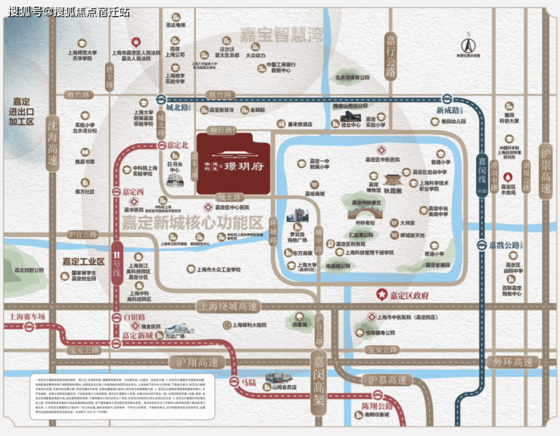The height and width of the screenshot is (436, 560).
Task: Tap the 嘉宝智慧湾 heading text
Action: pyautogui.click(x=282, y=34)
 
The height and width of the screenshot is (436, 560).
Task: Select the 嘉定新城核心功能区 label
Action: pyautogui.click(x=191, y=223)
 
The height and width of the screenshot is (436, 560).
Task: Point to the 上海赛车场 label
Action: pyautogui.click(x=24, y=316)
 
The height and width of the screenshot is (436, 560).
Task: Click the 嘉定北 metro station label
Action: pyautogui.click(x=177, y=145)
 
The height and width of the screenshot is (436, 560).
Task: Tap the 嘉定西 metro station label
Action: pyautogui.click(x=132, y=192)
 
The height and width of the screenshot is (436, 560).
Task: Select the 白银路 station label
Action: pyautogui.click(x=134, y=317)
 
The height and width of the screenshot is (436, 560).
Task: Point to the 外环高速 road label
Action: pyautogui.click(x=513, y=362)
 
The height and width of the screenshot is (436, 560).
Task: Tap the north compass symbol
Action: pyautogui.click(x=470, y=42)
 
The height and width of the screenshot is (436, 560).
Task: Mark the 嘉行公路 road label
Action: pyautogui.click(x=390, y=57)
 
